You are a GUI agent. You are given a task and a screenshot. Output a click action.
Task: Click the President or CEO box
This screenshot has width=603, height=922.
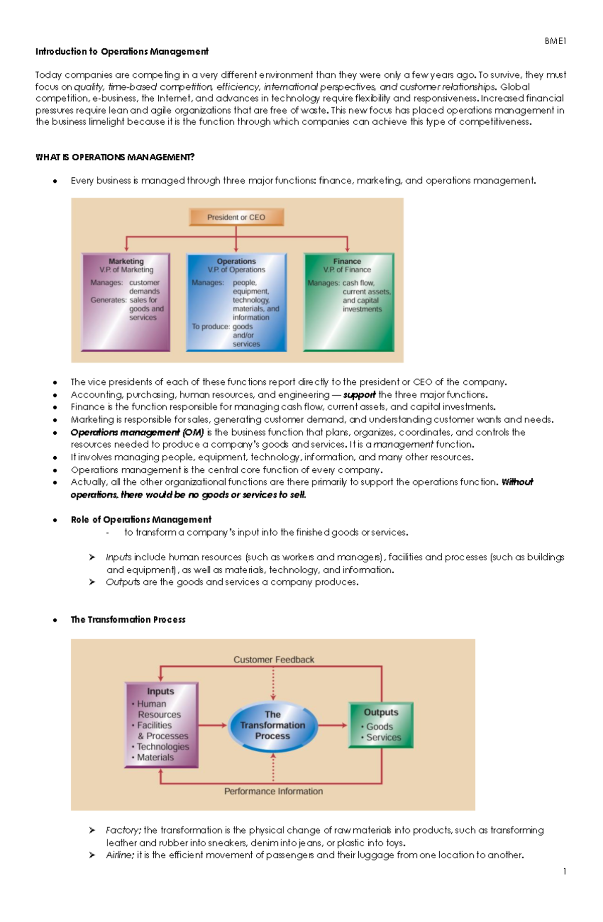pyautogui.click(x=236, y=217)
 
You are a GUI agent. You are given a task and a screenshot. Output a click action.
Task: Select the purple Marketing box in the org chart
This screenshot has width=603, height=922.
pyautogui.click(x=126, y=301)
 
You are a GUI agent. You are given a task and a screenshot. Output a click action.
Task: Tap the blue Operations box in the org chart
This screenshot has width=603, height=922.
pyautogui.click(x=236, y=302)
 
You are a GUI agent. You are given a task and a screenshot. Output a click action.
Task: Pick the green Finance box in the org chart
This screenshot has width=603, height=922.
pyautogui.click(x=349, y=301)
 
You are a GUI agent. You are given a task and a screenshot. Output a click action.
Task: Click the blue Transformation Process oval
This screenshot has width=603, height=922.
pyautogui.click(x=272, y=725)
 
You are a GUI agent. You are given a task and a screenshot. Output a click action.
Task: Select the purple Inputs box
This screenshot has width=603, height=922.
pyautogui.click(x=161, y=725)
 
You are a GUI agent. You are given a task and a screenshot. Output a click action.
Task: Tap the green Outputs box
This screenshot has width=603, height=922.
pyautogui.click(x=381, y=725)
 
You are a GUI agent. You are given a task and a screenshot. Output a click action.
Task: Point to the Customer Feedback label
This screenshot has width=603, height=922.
pyautogui.click(x=273, y=659)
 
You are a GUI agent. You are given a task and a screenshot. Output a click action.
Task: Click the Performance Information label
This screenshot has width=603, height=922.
pyautogui.click(x=273, y=791)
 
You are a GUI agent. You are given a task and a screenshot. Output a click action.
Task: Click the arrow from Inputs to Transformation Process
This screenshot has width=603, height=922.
pyautogui.click(x=213, y=725)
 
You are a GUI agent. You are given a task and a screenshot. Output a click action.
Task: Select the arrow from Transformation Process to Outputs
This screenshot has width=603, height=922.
pyautogui.click(x=333, y=725)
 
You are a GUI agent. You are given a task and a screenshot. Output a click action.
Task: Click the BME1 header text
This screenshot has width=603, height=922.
pyautogui.click(x=555, y=41)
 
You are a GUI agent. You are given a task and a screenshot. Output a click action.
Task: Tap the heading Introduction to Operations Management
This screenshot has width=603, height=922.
pyautogui.click(x=122, y=51)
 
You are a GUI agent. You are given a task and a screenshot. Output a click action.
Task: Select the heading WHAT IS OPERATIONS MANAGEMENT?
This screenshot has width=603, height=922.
pyautogui.click(x=115, y=157)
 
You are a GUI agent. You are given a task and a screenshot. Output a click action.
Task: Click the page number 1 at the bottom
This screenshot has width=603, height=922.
pyautogui.click(x=565, y=871)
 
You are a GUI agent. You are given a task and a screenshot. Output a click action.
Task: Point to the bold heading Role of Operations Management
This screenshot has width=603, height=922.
pyautogui.click(x=141, y=520)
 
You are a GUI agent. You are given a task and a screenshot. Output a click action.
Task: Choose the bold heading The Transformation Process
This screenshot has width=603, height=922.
pyautogui.click(x=128, y=620)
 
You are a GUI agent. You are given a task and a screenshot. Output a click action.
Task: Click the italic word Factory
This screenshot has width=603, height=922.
pyautogui.click(x=123, y=830)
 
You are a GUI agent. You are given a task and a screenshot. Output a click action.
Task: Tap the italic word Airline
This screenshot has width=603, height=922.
pyautogui.click(x=120, y=855)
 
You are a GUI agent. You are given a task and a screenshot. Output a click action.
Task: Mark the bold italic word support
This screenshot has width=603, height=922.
pyautogui.click(x=359, y=394)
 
